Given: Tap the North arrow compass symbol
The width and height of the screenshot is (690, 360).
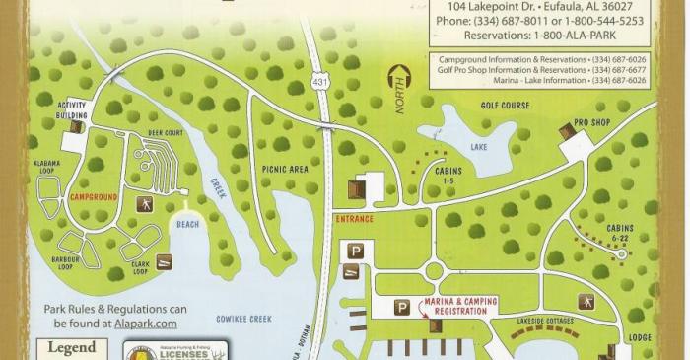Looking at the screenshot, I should (399, 90).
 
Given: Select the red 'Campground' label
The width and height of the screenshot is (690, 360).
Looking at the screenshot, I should (94, 197).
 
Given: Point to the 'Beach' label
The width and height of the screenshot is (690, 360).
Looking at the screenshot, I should (187, 224).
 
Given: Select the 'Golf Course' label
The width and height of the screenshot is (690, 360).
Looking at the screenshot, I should (504, 104).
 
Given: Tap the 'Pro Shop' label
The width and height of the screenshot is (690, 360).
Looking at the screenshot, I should (593, 122).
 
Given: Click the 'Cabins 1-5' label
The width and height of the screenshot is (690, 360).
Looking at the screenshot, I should (448, 174).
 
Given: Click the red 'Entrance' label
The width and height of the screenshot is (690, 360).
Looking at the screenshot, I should (354, 218).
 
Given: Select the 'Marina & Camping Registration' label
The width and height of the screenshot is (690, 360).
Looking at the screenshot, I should (454, 306).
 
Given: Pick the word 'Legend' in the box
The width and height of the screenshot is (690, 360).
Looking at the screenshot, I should (72, 347).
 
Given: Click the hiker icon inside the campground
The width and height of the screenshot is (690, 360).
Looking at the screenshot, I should (143, 204).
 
